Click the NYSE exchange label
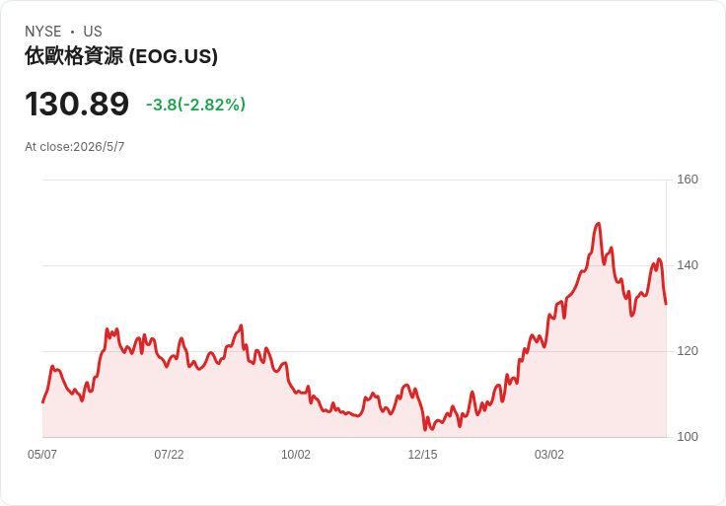[43, 32]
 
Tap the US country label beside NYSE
[93, 32]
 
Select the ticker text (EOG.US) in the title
[174, 56]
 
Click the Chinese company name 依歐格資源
[74, 56]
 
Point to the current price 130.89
[77, 104]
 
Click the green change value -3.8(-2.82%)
[195, 105]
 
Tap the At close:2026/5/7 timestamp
[75, 147]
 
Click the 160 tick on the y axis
[688, 180]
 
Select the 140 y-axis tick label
[688, 265]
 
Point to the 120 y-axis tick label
[688, 351]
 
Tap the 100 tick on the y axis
[688, 437]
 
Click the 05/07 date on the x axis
[42, 455]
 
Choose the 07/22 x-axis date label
[169, 455]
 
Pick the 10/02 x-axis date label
[296, 455]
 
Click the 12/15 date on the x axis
[422, 455]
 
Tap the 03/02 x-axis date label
[549, 455]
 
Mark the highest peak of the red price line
[599, 224]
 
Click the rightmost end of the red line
[666, 304]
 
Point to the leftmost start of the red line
[42, 402]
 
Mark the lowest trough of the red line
[425, 430]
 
